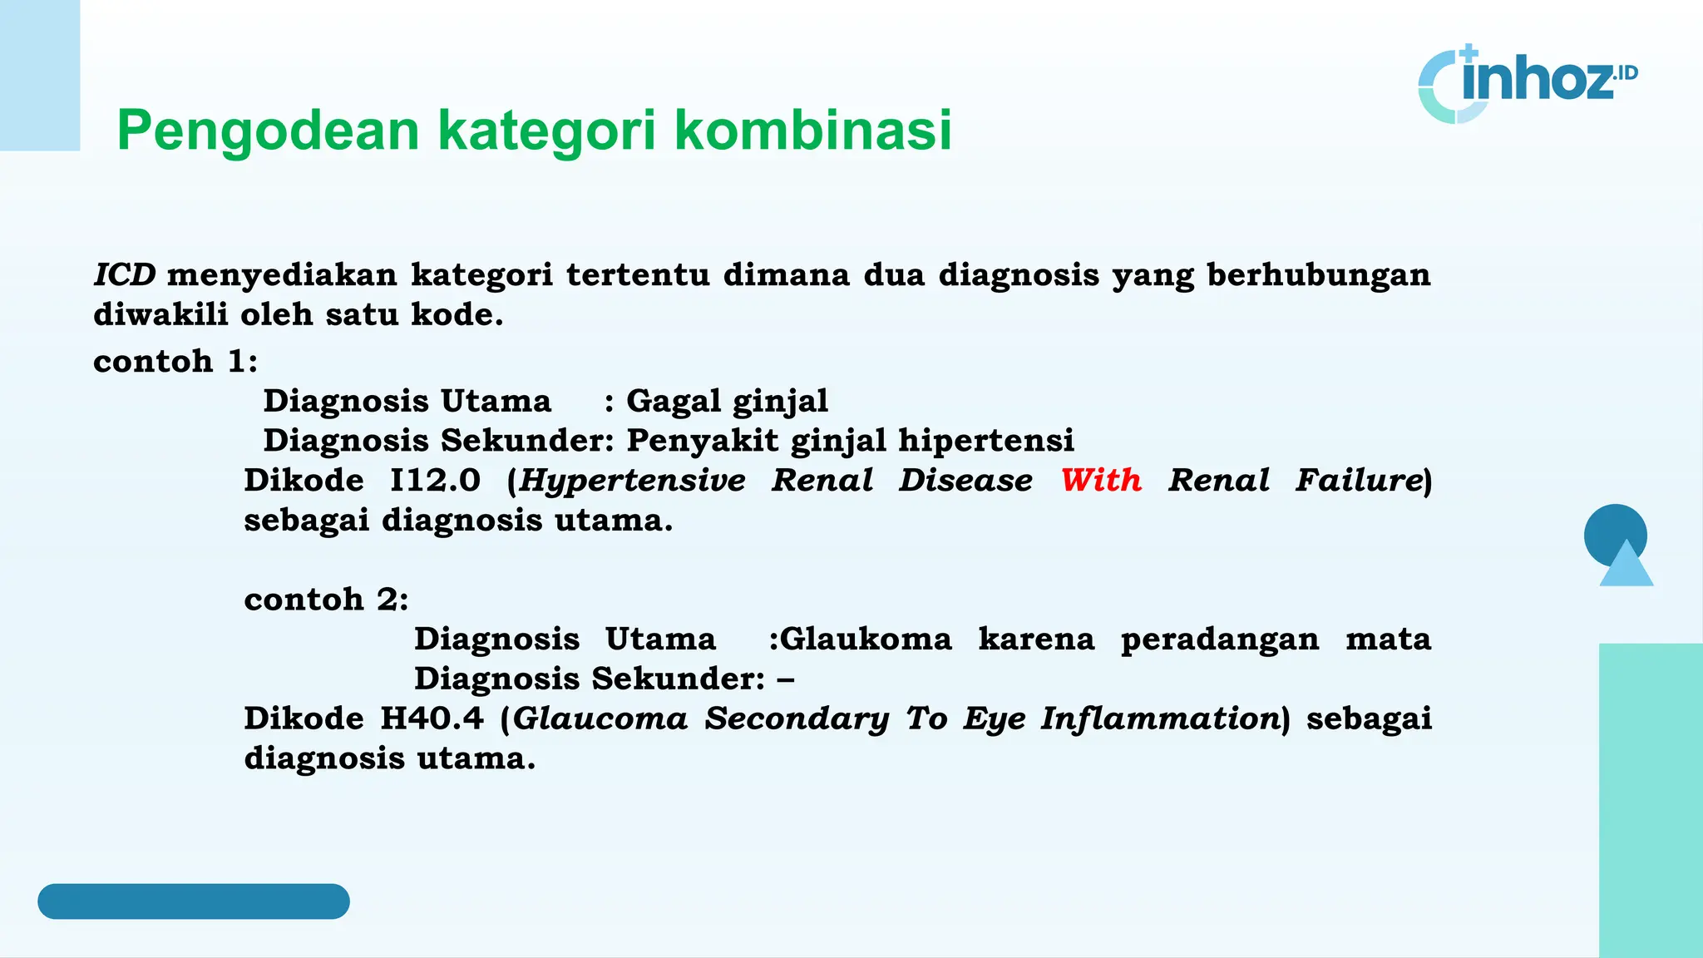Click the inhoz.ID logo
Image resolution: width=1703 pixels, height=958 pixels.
pyautogui.click(x=1527, y=83)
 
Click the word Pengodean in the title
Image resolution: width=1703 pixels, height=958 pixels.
pyautogui.click(x=268, y=131)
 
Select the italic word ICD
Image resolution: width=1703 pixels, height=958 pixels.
pyautogui.click(x=125, y=274)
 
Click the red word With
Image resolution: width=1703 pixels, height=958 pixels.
pyautogui.click(x=1101, y=480)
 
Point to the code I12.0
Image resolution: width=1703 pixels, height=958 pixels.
pyautogui.click(x=435, y=480)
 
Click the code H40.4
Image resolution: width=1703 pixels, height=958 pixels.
pyautogui.click(x=432, y=718)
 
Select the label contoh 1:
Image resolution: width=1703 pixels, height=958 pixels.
pyautogui.click(x=175, y=361)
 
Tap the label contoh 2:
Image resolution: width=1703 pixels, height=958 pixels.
pyautogui.click(x=326, y=599)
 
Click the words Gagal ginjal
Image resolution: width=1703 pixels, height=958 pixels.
pyautogui.click(x=727, y=401)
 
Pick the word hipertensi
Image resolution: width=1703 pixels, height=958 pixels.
pyautogui.click(x=986, y=440)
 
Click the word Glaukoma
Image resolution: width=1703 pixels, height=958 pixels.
pyautogui.click(x=866, y=639)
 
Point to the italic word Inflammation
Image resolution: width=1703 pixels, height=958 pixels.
pyautogui.click(x=1159, y=718)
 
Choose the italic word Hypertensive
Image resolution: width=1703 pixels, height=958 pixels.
pyautogui.click(x=633, y=481)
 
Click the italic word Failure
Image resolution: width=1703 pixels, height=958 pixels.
pyautogui.click(x=1359, y=480)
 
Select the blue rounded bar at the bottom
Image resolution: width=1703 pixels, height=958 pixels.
pyautogui.click(x=193, y=901)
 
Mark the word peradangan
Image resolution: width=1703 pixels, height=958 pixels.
pyautogui.click(x=1219, y=639)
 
